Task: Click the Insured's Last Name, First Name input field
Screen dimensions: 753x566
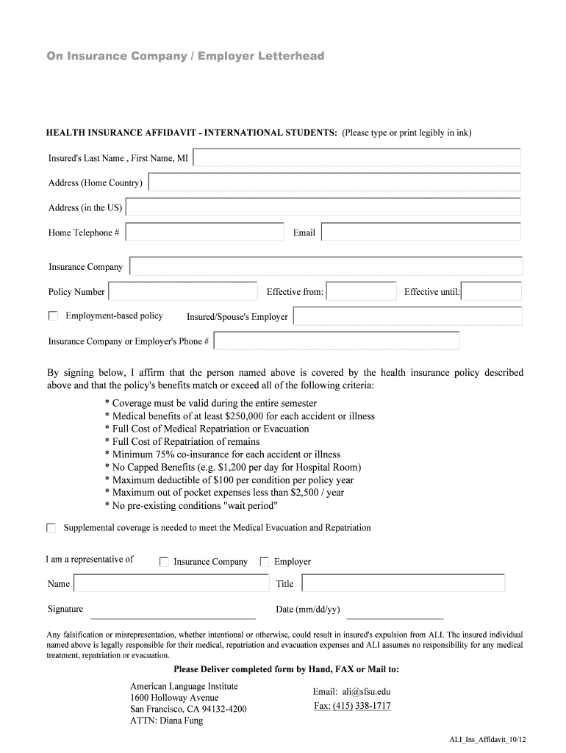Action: pyautogui.click(x=357, y=158)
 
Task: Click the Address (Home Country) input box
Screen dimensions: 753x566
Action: pyautogui.click(x=334, y=182)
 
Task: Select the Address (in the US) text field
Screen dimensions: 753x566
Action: pyautogui.click(x=323, y=207)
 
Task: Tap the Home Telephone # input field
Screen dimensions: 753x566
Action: pyautogui.click(x=204, y=232)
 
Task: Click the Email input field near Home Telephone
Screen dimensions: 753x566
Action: pyautogui.click(x=420, y=232)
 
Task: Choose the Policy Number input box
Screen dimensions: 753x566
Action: pyautogui.click(x=182, y=291)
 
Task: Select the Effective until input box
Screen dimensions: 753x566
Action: pyautogui.click(x=491, y=292)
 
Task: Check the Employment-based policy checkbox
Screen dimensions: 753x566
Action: pyautogui.click(x=53, y=316)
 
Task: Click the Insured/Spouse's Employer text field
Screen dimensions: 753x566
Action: pyautogui.click(x=407, y=316)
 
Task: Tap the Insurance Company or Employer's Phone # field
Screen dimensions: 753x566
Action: pyautogui.click(x=337, y=341)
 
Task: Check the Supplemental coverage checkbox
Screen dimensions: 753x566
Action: pyautogui.click(x=51, y=528)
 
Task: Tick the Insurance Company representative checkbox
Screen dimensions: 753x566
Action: pyautogui.click(x=165, y=562)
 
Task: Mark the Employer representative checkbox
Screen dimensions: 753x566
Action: pyautogui.click(x=265, y=562)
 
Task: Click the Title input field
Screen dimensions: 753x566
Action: pyautogui.click(x=403, y=583)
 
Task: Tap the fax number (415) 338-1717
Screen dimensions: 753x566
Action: pyautogui.click(x=362, y=706)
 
